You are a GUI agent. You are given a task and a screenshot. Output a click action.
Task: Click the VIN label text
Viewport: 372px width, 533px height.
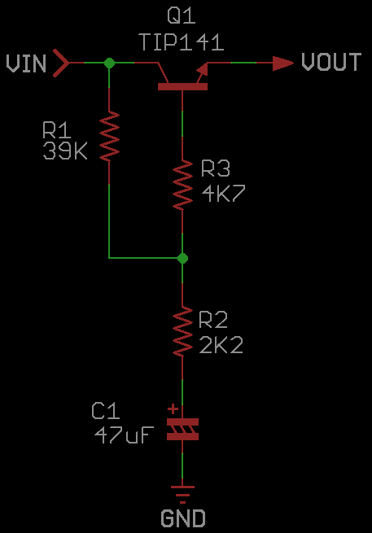click(x=26, y=63)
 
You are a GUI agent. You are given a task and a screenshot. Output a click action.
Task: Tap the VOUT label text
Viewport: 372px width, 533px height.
click(x=331, y=62)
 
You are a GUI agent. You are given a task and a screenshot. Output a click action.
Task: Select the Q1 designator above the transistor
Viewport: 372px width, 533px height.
click(x=182, y=16)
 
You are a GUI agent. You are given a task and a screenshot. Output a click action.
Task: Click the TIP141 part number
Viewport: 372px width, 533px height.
click(x=182, y=42)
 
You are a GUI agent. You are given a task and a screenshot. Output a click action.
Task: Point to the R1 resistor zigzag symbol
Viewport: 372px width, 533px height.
click(x=109, y=136)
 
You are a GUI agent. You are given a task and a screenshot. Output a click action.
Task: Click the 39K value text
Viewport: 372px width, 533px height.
click(x=65, y=151)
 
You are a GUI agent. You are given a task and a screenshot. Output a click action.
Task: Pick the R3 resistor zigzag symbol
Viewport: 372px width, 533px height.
click(x=182, y=186)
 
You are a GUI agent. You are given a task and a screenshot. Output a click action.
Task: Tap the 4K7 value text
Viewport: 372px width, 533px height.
click(x=223, y=194)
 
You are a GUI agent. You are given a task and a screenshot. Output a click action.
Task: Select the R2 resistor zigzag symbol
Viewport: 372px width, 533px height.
click(x=182, y=331)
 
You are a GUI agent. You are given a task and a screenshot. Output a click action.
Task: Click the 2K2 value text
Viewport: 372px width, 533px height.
click(x=221, y=345)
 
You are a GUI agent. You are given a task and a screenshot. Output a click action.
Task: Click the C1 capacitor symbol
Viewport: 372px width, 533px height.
click(x=182, y=430)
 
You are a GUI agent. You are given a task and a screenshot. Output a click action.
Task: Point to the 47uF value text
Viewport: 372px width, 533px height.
click(x=124, y=435)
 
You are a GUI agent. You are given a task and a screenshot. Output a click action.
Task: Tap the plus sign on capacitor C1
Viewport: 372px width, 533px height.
click(x=173, y=408)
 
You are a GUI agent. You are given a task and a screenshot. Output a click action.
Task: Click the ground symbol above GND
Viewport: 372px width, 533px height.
click(x=182, y=494)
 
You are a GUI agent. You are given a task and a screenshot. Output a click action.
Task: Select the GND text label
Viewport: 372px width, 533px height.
click(x=183, y=518)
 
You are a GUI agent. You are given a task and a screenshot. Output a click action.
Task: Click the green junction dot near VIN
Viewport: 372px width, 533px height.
click(x=109, y=63)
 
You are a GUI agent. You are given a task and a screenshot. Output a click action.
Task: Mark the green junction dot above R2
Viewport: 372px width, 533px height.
click(x=182, y=258)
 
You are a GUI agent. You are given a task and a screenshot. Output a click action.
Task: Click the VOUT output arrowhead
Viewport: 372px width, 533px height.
click(x=283, y=63)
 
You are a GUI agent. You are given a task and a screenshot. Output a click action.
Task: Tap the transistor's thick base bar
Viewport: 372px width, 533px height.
click(x=182, y=87)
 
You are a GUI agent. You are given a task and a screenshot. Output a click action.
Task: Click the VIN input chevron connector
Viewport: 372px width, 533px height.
click(x=61, y=63)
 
